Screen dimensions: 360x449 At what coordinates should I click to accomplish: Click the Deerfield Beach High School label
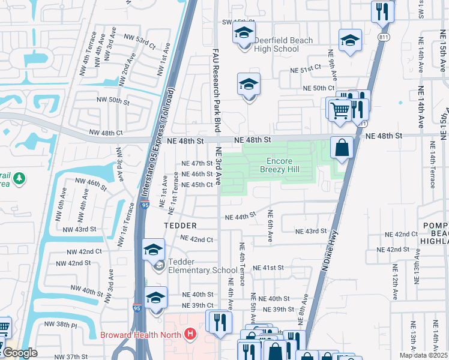(x=276, y=44)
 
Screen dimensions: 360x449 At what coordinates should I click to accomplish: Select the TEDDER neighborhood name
(x=181, y=226)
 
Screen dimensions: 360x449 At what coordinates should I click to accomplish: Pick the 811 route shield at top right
(x=383, y=37)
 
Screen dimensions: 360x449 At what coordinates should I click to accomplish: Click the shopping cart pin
(x=340, y=110)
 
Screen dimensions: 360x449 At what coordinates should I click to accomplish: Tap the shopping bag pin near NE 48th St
(x=342, y=148)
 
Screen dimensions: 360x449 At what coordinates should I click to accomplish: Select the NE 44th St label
(x=240, y=216)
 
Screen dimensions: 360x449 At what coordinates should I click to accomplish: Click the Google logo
(x=20, y=353)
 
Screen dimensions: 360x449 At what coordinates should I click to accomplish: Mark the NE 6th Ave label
(x=270, y=226)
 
